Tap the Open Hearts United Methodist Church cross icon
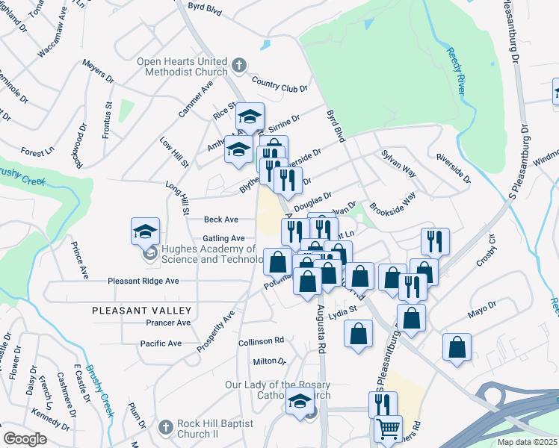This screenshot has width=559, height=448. point(239,64)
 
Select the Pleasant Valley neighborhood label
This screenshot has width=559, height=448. point(142,310)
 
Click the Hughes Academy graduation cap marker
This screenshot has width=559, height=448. point(146,231)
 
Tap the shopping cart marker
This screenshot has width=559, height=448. point(388,429)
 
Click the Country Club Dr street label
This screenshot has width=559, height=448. point(280,84)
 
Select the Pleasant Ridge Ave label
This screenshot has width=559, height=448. point(143,281)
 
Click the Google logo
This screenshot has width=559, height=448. point(25,438)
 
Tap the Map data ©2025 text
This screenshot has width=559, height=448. point(527,442)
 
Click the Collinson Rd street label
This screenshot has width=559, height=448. point(261,340)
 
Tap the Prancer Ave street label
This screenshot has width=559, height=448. point(168,323)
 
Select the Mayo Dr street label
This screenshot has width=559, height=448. point(482,309)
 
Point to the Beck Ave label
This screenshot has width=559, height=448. point(220,220)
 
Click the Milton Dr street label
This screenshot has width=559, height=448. point(270,361)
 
